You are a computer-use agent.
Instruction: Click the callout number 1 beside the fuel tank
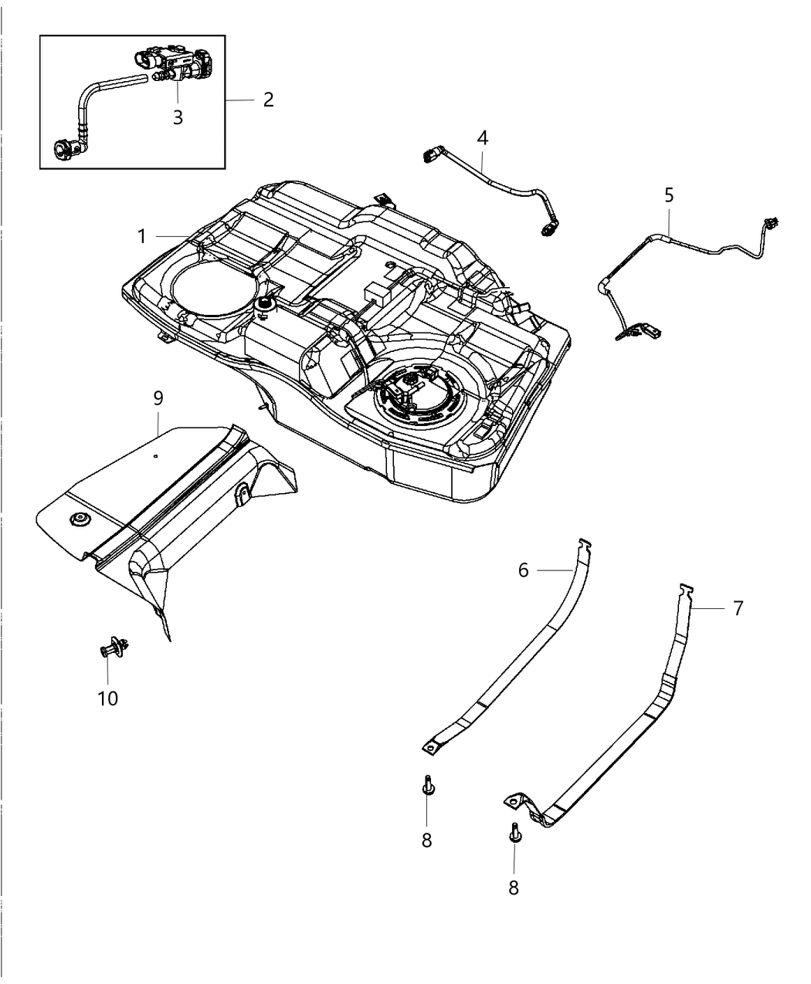click(x=141, y=237)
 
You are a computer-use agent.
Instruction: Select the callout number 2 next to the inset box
click(x=268, y=100)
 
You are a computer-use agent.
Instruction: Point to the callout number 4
click(x=483, y=138)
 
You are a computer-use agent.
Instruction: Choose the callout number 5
click(x=669, y=195)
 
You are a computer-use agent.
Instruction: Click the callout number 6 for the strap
click(x=523, y=570)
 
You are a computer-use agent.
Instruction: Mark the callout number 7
click(x=738, y=608)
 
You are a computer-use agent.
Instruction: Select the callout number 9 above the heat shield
click(x=158, y=399)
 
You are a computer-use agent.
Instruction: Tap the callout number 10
click(x=108, y=698)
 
